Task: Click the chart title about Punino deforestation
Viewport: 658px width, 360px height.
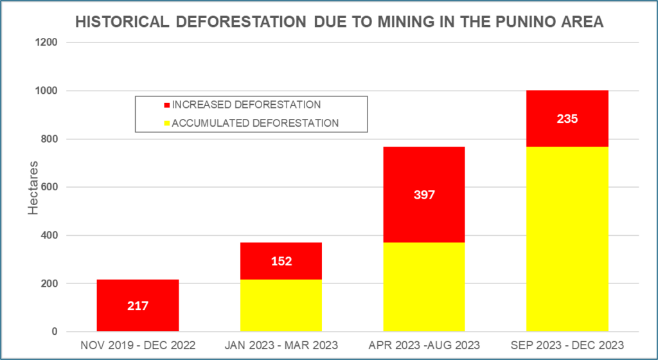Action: tap(339, 22)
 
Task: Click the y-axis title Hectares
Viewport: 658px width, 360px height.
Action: tap(34, 188)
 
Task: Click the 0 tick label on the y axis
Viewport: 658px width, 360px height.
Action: tap(55, 332)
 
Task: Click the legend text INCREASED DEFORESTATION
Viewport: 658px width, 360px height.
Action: tap(247, 105)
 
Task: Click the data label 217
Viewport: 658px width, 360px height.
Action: tap(138, 306)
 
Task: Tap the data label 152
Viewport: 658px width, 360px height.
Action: tap(281, 261)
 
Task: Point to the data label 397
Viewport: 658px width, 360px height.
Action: tap(424, 195)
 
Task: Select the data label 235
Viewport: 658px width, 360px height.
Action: tap(567, 118)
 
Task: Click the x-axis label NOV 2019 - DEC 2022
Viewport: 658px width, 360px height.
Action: tap(138, 345)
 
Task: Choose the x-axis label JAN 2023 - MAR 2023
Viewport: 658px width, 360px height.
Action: tap(281, 345)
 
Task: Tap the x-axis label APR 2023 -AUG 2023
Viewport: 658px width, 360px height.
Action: tap(424, 345)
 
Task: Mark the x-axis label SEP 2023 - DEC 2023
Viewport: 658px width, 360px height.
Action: tap(567, 345)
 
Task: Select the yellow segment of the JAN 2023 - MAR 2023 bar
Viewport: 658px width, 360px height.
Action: tap(281, 305)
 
